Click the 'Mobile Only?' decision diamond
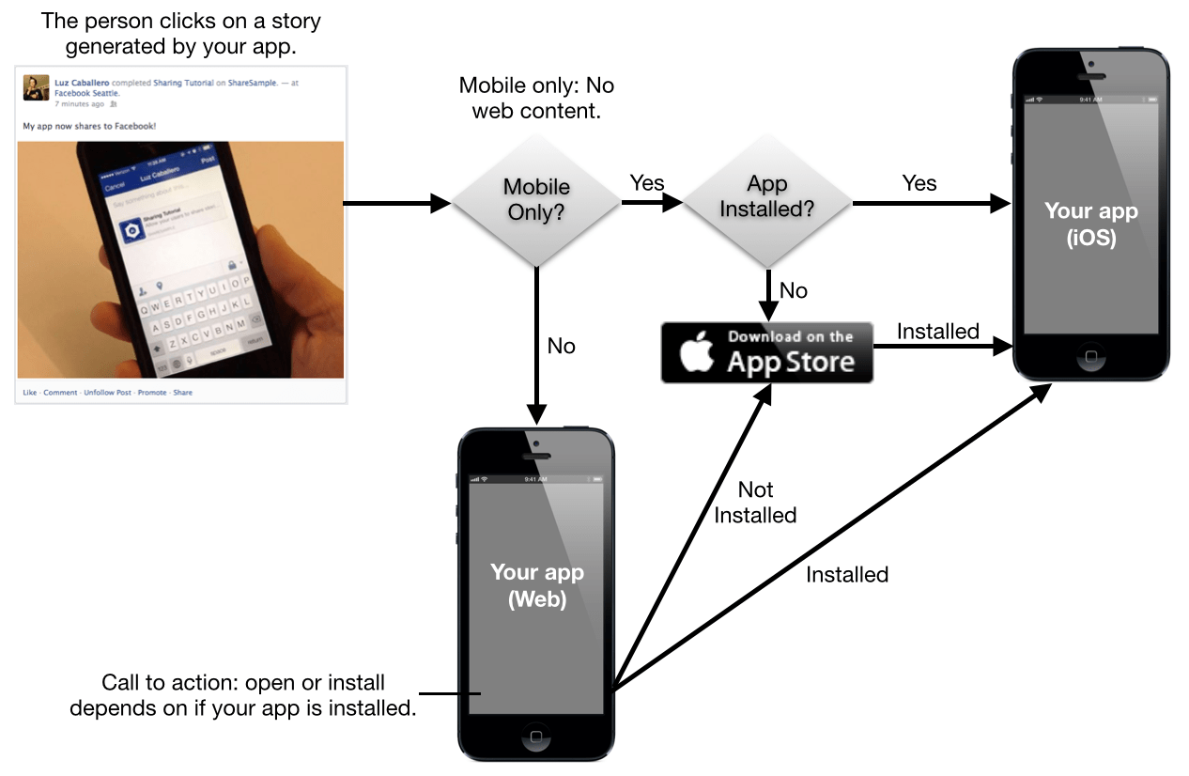pos(536,199)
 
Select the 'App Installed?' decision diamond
pos(766,196)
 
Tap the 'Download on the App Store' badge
pos(766,352)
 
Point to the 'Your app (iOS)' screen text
pos(1090,224)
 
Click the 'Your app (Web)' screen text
pos(537,585)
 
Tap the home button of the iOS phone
pos(1090,357)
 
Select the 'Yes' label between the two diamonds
pos(647,183)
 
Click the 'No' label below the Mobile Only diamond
pos(561,347)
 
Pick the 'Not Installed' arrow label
pos(755,503)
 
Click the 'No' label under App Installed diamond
pos(794,291)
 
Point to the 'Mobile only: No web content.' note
pos(536,99)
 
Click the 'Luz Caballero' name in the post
pos(82,83)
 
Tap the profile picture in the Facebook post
pos(37,87)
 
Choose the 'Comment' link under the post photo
pos(60,393)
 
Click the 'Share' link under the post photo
pos(182,393)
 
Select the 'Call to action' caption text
pos(243,695)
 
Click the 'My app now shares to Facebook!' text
pos(89,125)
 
